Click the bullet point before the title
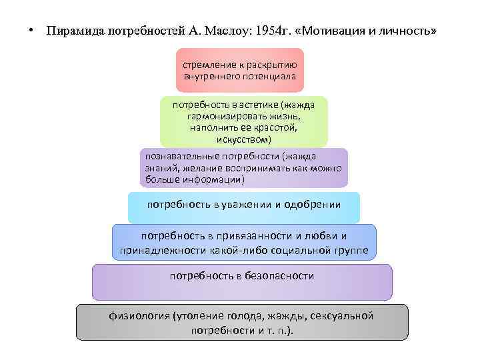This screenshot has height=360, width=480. tap(31, 31)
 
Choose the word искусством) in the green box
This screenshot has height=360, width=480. tap(244, 139)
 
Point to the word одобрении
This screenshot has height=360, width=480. tap(312, 205)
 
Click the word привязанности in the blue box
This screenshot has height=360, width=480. tap(257, 236)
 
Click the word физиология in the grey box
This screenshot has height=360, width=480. tap(138, 315)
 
